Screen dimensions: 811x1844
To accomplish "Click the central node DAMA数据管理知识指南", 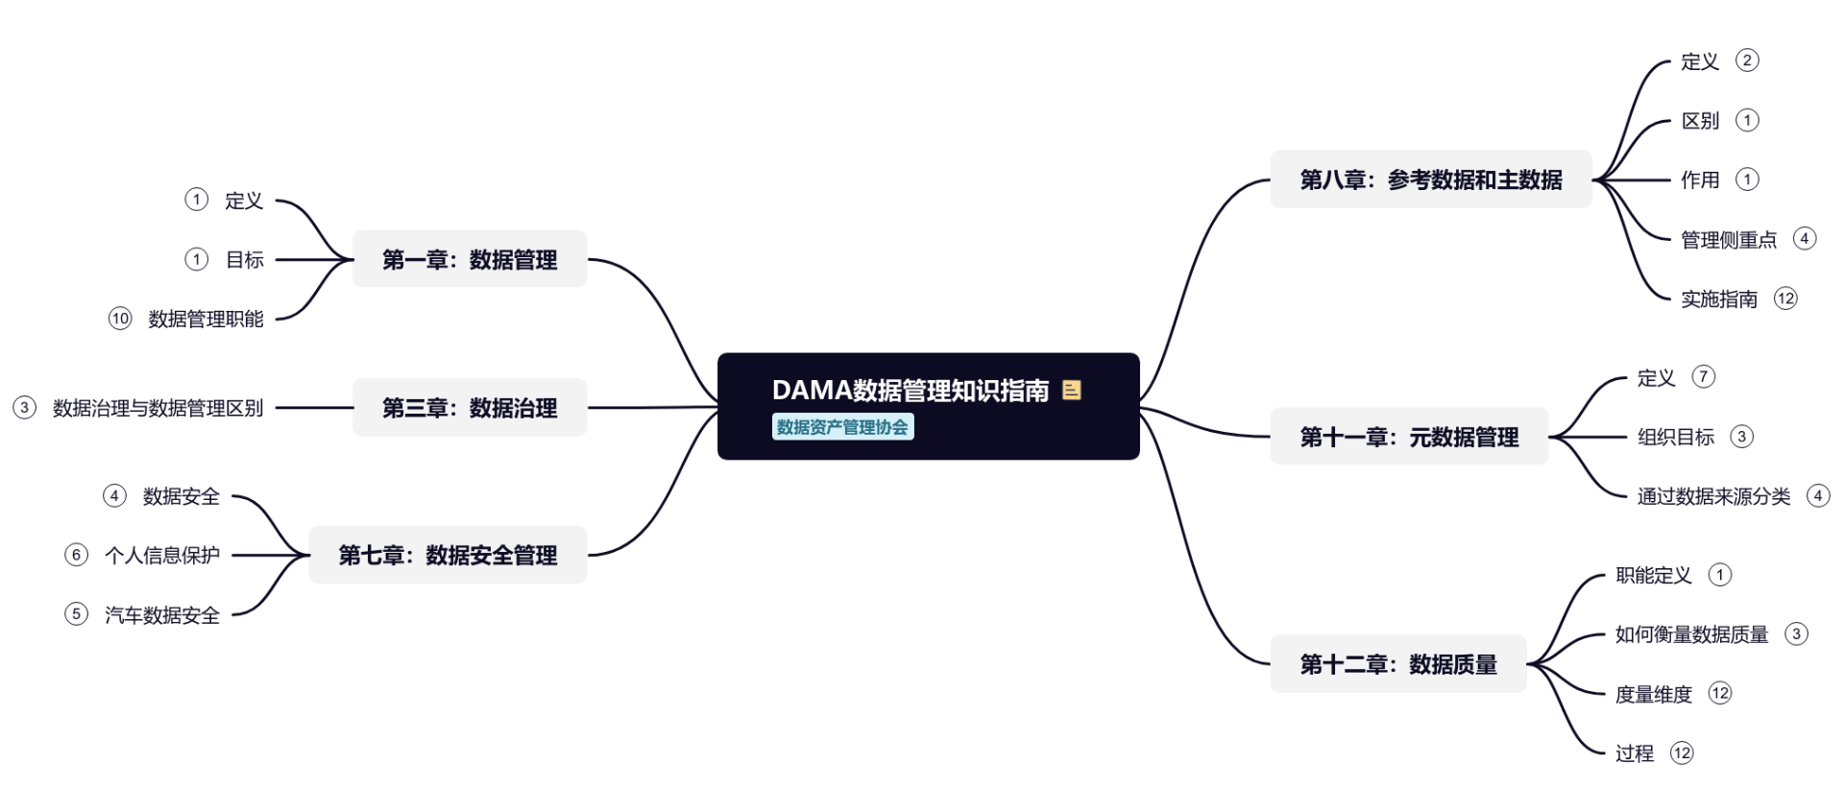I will (x=910, y=391).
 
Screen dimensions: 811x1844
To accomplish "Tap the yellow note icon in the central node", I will (x=1072, y=390).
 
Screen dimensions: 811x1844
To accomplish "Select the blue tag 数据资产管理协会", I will (x=842, y=427).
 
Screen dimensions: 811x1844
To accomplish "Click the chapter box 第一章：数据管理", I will (x=470, y=259).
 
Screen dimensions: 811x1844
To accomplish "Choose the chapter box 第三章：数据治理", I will (x=470, y=408).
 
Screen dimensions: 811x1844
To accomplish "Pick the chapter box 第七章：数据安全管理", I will (x=448, y=555).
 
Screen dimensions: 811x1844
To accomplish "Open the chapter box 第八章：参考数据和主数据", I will (x=1431, y=179).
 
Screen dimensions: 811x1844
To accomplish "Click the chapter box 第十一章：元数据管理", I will (x=1409, y=437).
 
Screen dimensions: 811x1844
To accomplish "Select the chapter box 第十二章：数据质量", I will (x=1398, y=664).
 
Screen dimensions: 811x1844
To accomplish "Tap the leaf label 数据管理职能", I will (x=206, y=319).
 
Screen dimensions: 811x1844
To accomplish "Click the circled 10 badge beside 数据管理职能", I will (x=120, y=319).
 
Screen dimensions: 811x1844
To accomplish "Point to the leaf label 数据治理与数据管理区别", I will (x=158, y=408).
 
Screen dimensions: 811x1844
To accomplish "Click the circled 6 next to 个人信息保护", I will (x=76, y=555).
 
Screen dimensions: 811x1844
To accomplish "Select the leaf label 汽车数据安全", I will (x=162, y=614).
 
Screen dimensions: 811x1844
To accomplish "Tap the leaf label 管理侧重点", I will (x=1729, y=239).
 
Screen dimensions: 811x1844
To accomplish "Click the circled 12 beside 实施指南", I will (x=1785, y=298).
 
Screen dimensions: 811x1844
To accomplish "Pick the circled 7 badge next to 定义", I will (x=1703, y=376).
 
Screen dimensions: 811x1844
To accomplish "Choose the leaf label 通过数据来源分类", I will (x=1713, y=496).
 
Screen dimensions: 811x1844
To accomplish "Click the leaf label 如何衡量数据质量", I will (x=1691, y=634).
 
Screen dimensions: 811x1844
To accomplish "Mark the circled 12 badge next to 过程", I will (x=1682, y=753).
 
